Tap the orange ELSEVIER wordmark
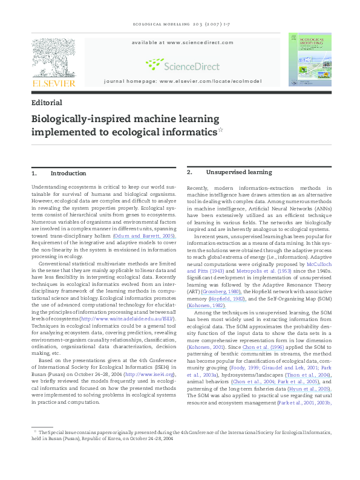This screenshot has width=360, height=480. coord(54,83)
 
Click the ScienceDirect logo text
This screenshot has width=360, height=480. coord(192,65)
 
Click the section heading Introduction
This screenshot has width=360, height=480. coord(68,173)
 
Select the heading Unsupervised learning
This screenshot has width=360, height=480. coord(231,172)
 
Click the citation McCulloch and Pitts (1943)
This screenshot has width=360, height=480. coord(307,248)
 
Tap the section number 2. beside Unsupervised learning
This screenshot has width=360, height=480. coord(190,172)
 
